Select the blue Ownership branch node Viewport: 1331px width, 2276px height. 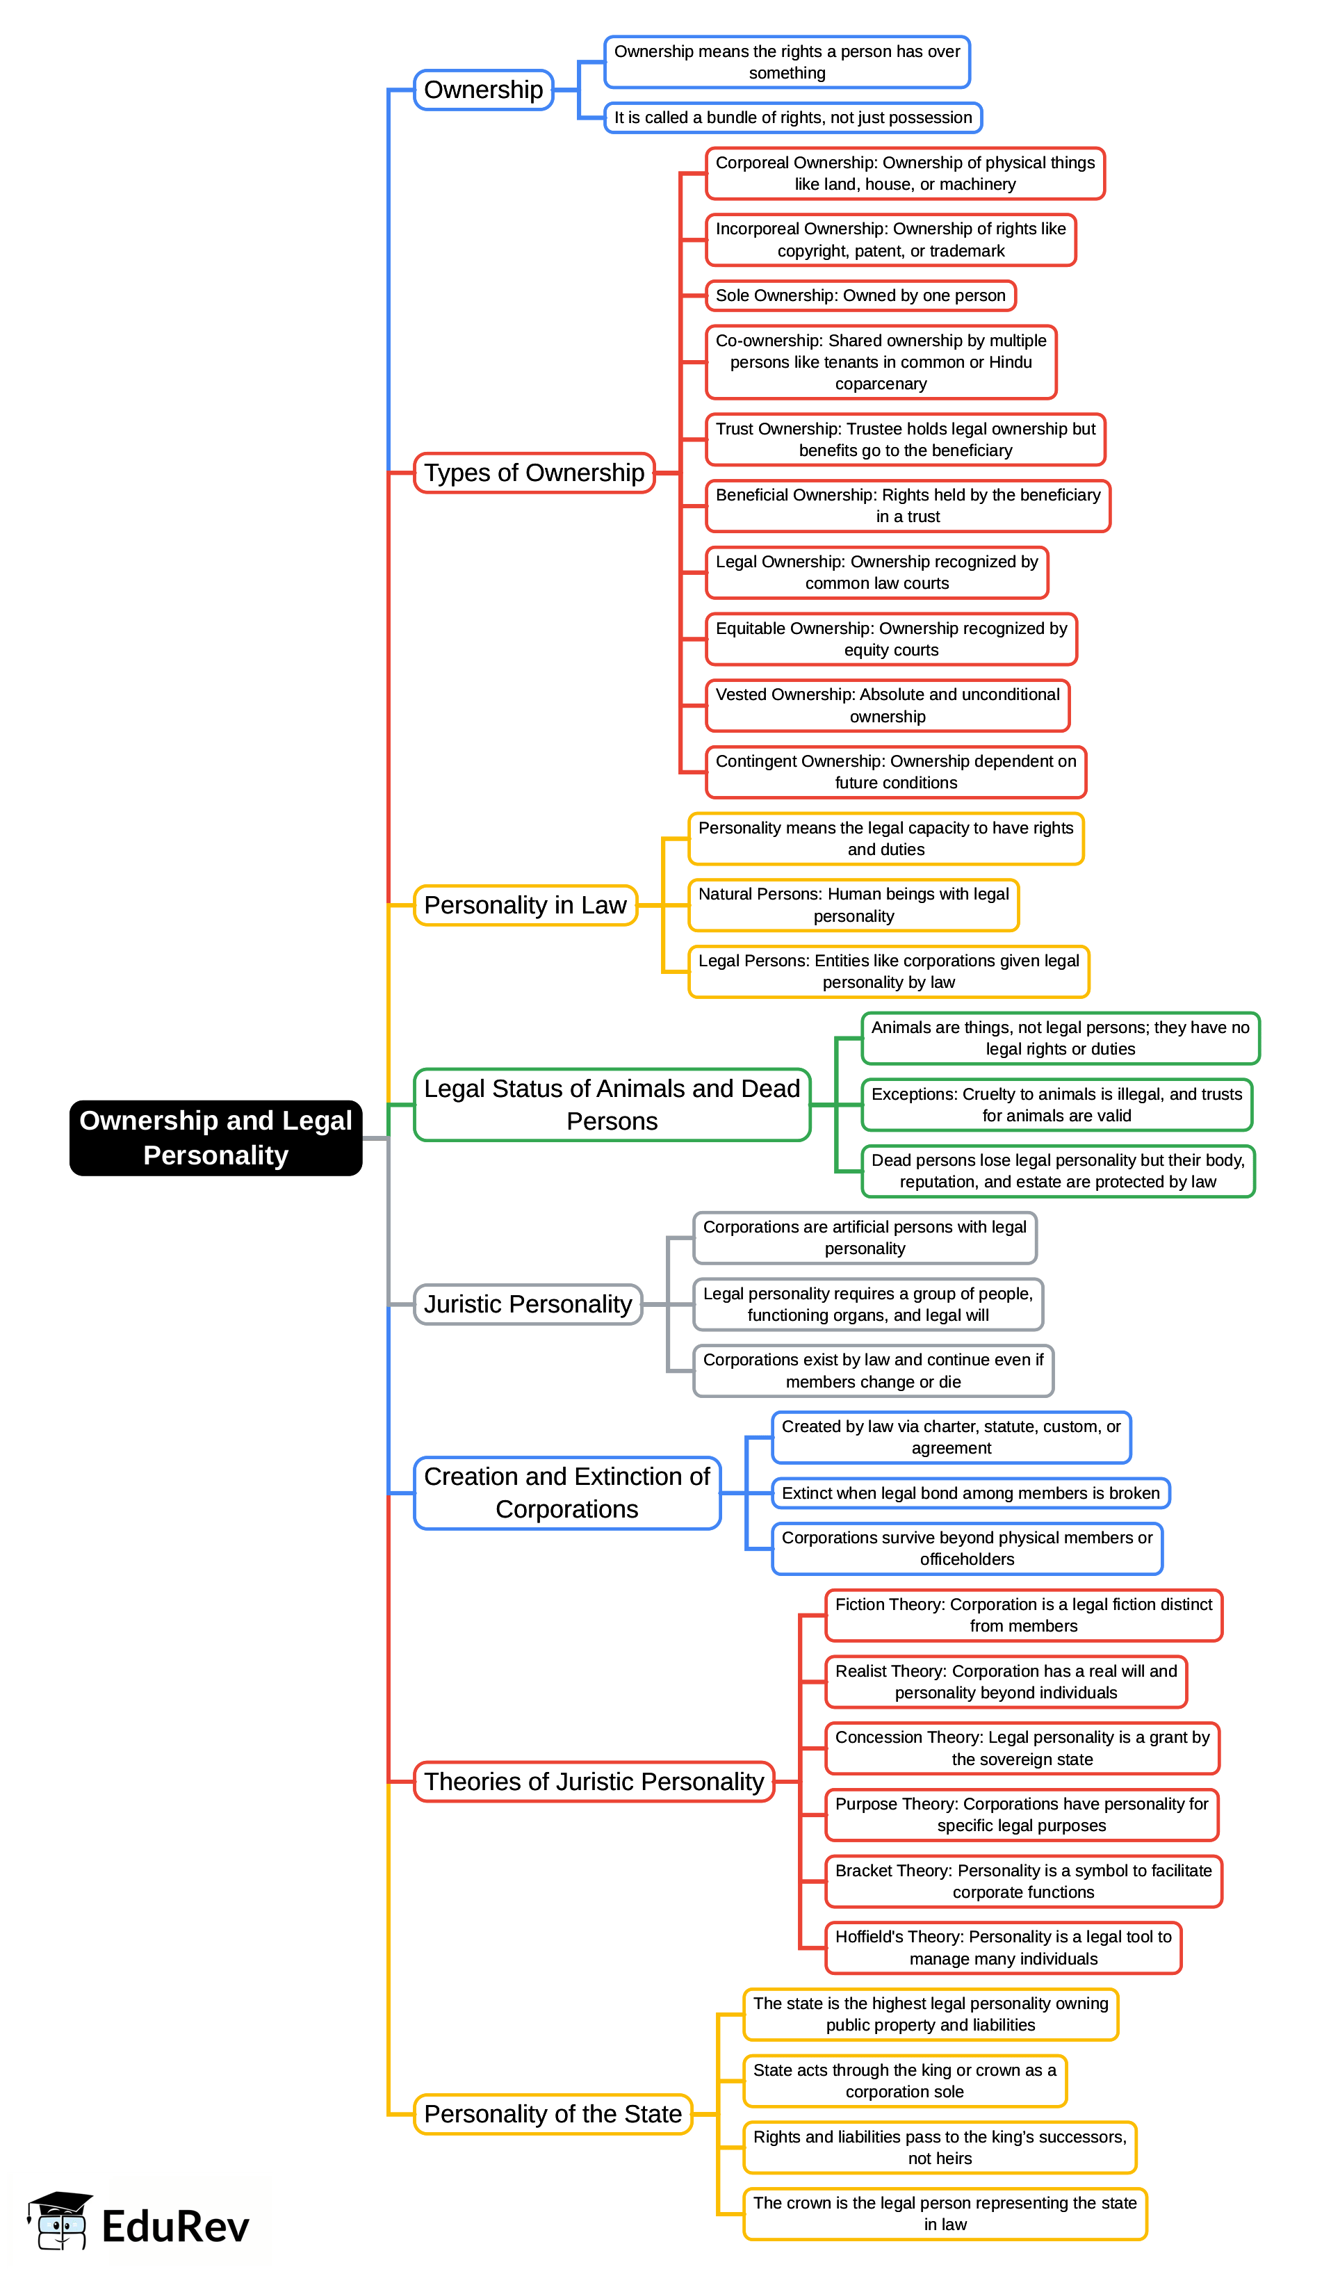click(x=483, y=90)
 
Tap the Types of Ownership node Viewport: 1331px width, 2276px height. click(x=534, y=472)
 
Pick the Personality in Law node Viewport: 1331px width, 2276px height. click(x=525, y=905)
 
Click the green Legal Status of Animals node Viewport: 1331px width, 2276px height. click(x=612, y=1104)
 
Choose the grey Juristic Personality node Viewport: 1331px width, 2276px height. click(x=528, y=1304)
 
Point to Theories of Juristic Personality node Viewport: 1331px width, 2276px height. click(x=594, y=1781)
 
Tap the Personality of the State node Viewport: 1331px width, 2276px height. click(x=553, y=2113)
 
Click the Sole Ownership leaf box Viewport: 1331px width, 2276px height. click(x=860, y=295)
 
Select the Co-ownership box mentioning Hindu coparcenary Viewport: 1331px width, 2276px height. click(x=881, y=362)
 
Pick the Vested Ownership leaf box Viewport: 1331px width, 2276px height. click(x=887, y=706)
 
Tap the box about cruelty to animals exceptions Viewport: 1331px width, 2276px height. click(x=1056, y=1105)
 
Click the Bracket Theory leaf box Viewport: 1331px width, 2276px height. click(x=1022, y=1881)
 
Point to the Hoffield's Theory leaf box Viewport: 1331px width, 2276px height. click(x=1002, y=1948)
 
